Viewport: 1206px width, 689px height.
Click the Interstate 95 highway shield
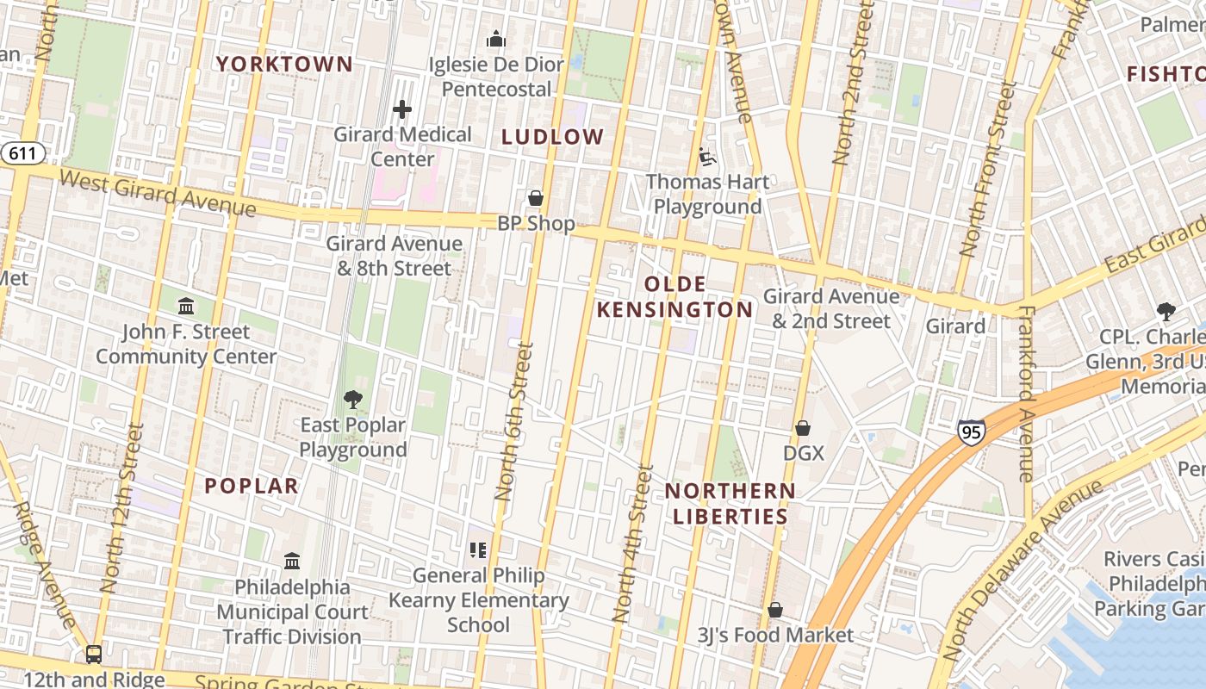(971, 432)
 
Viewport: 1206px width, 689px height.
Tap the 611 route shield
(22, 154)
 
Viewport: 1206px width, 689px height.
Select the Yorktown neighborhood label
(284, 64)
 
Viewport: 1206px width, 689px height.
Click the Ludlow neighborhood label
(553, 137)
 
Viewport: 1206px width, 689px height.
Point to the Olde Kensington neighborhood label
(674, 297)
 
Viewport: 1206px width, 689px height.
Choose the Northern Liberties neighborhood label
(730, 504)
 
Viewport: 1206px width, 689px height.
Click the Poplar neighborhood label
(252, 486)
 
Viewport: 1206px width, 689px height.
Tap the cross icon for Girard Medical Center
(402, 109)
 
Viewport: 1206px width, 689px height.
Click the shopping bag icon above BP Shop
(536, 198)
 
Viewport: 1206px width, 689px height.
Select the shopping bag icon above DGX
(803, 428)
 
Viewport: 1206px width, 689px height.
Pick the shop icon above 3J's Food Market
(775, 610)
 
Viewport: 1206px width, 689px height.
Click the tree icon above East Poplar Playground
(352, 399)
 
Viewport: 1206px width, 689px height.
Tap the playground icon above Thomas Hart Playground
(707, 157)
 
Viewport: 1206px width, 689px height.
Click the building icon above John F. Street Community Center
(185, 306)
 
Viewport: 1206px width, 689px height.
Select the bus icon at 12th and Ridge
(94, 655)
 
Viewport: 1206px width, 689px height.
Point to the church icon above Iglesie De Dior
(495, 39)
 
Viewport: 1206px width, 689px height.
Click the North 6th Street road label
(515, 422)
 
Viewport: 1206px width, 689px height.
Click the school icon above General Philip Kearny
(478, 549)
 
